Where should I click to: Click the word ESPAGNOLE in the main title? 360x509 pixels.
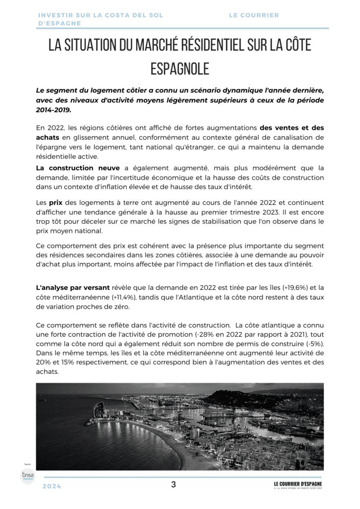point(180,68)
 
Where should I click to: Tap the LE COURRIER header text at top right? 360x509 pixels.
point(254,15)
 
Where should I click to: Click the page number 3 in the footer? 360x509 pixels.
point(174,485)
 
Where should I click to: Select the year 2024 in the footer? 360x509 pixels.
point(52,486)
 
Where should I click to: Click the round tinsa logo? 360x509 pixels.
point(28,476)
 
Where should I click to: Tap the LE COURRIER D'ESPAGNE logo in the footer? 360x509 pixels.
point(298,485)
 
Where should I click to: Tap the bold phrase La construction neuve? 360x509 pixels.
point(78,168)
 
